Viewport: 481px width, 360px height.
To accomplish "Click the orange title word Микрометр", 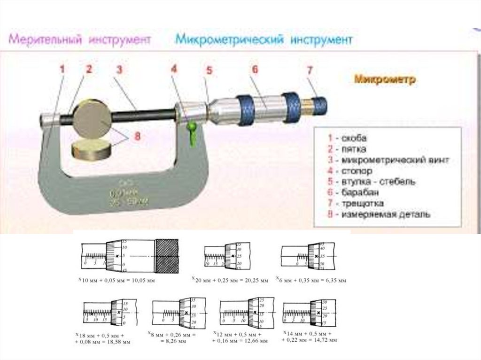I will pos(385,80).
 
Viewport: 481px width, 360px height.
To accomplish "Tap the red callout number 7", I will pos(310,71).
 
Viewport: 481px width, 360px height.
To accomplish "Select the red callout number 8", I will pos(137,137).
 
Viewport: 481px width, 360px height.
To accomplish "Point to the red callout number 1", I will pos(62,69).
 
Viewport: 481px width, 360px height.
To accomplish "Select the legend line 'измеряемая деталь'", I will pos(378,214).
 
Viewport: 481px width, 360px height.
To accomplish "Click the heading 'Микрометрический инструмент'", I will pos(264,40).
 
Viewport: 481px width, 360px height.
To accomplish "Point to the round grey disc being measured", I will pos(92,117).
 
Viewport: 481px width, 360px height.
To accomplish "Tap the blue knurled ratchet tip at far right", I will pos(319,105).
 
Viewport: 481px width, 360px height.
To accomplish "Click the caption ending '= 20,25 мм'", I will pos(230,280).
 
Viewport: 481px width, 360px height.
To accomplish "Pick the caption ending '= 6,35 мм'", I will pos(311,280).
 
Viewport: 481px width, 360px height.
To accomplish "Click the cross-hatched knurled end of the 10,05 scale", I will pos(167,255).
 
